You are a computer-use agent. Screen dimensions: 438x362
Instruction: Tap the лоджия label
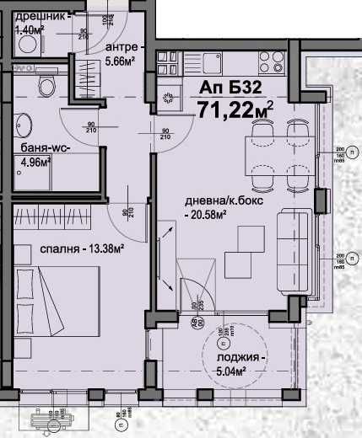pos(234,357)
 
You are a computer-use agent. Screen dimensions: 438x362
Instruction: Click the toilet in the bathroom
pos(47,84)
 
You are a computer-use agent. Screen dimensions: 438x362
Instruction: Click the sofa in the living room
pos(291,250)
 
